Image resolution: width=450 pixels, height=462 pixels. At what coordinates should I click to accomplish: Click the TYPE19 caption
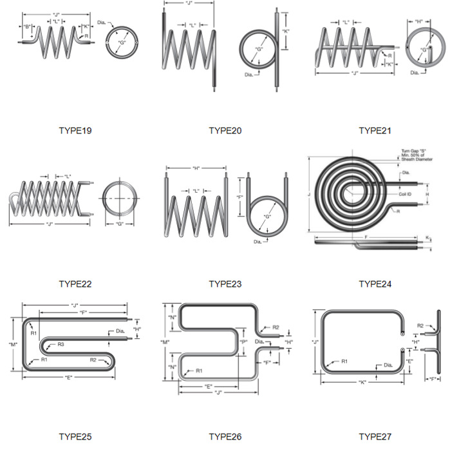click(75, 131)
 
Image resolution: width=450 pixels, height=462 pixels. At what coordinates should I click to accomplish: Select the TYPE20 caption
click(225, 131)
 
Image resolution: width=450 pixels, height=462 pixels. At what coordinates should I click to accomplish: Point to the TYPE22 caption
click(75, 284)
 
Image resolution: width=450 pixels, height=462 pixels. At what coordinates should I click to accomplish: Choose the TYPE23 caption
click(225, 284)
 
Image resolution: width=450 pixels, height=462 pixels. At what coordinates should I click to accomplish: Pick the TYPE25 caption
click(75, 437)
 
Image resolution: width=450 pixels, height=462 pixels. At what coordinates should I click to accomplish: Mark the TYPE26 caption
click(225, 437)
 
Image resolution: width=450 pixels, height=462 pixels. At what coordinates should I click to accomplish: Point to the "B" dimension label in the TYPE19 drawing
click(28, 26)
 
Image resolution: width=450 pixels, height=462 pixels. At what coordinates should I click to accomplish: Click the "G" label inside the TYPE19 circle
click(121, 43)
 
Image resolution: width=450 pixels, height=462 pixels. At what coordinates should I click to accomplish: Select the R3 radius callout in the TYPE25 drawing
click(61, 345)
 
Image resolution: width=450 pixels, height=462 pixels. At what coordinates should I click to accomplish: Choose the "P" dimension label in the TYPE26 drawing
click(243, 342)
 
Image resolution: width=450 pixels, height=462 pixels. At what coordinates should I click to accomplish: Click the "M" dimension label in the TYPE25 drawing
click(13, 344)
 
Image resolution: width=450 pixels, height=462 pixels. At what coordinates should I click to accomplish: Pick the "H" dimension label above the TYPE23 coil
click(196, 168)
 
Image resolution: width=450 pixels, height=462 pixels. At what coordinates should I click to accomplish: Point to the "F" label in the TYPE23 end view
click(240, 197)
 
